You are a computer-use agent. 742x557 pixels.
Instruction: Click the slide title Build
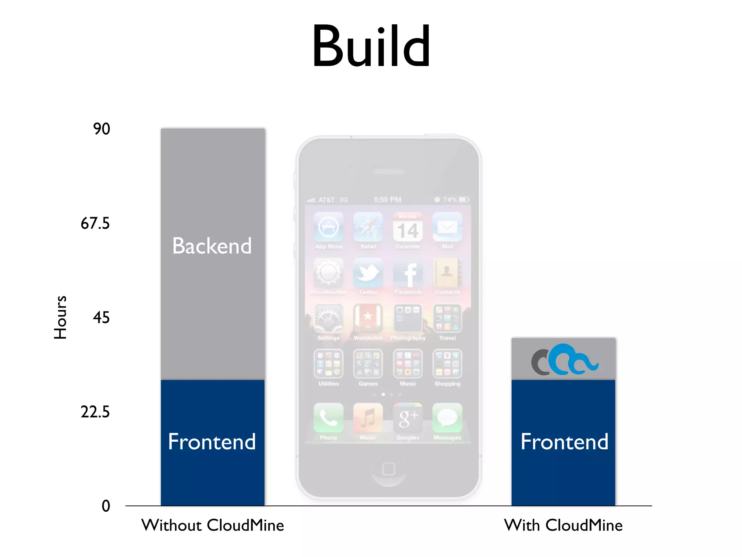click(371, 46)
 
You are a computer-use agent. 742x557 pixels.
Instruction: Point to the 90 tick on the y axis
click(101, 129)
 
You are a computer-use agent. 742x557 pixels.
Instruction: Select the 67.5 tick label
click(95, 223)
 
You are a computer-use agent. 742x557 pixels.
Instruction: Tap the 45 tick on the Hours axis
click(101, 318)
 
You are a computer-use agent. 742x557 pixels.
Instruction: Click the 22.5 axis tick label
click(95, 412)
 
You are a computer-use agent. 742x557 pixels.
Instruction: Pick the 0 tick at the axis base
click(106, 506)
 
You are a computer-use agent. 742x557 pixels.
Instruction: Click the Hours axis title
click(60, 318)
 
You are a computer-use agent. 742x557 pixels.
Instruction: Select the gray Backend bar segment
click(213, 254)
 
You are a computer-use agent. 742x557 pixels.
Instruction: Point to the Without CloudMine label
click(213, 525)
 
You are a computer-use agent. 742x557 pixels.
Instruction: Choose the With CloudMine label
click(563, 525)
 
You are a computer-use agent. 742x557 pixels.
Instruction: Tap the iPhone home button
click(388, 469)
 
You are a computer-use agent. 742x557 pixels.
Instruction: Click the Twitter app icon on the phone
click(368, 273)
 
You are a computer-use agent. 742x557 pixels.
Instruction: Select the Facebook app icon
click(408, 273)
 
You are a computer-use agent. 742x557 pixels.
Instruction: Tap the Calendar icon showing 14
click(408, 228)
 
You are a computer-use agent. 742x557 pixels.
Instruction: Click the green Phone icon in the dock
click(329, 418)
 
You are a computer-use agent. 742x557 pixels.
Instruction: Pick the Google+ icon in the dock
click(408, 418)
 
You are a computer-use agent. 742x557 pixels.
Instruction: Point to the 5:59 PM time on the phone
click(388, 200)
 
